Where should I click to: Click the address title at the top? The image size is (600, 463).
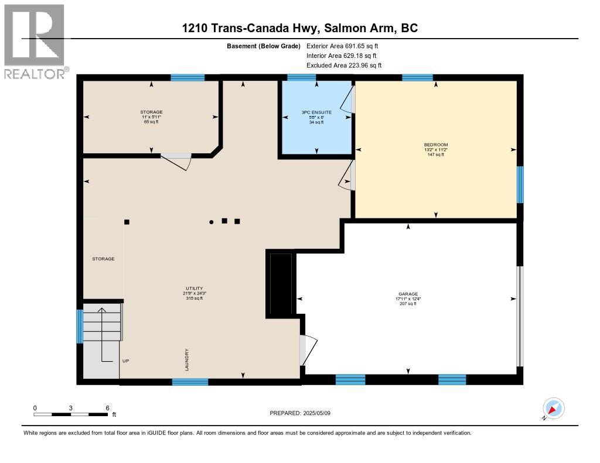(x=300, y=28)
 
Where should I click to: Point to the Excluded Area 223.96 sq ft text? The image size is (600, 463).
(x=344, y=66)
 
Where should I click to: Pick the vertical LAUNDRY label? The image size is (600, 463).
(x=187, y=358)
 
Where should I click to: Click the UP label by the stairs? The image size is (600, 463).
(x=125, y=361)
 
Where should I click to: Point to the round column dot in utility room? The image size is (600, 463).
(x=212, y=222)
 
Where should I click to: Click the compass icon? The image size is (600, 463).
(x=553, y=409)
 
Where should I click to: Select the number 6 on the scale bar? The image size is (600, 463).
(x=107, y=407)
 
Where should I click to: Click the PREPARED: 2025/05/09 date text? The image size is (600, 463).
(x=300, y=413)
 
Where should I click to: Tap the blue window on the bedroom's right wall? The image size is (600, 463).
(x=520, y=184)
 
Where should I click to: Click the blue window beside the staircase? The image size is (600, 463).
(x=80, y=326)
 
